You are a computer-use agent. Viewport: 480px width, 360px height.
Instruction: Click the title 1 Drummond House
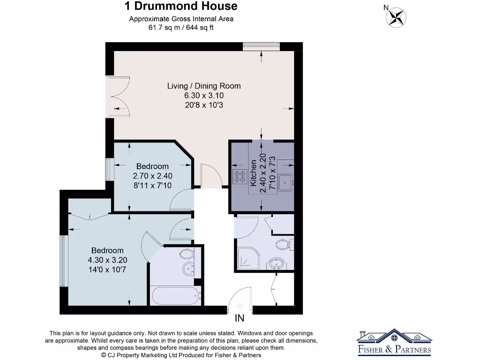181,6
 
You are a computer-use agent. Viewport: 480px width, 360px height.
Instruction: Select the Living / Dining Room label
204,86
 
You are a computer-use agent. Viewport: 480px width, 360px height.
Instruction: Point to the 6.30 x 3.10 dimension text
204,96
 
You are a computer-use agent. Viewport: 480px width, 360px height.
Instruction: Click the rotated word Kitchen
254,173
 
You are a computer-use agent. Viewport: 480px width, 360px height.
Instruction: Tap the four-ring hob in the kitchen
240,176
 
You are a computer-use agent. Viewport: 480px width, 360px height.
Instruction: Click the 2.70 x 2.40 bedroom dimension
152,176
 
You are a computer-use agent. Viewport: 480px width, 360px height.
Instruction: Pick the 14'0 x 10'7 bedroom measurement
107,270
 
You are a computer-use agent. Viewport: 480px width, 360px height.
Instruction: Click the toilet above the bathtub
186,255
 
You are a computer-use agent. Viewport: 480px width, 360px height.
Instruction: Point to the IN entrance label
240,319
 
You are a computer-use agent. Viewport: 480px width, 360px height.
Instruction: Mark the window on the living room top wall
261,46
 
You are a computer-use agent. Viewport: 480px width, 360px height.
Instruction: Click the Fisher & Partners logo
394,341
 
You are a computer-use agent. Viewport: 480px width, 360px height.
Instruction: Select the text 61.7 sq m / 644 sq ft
181,28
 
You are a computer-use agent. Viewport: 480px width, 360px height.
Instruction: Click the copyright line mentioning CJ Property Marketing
181,355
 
